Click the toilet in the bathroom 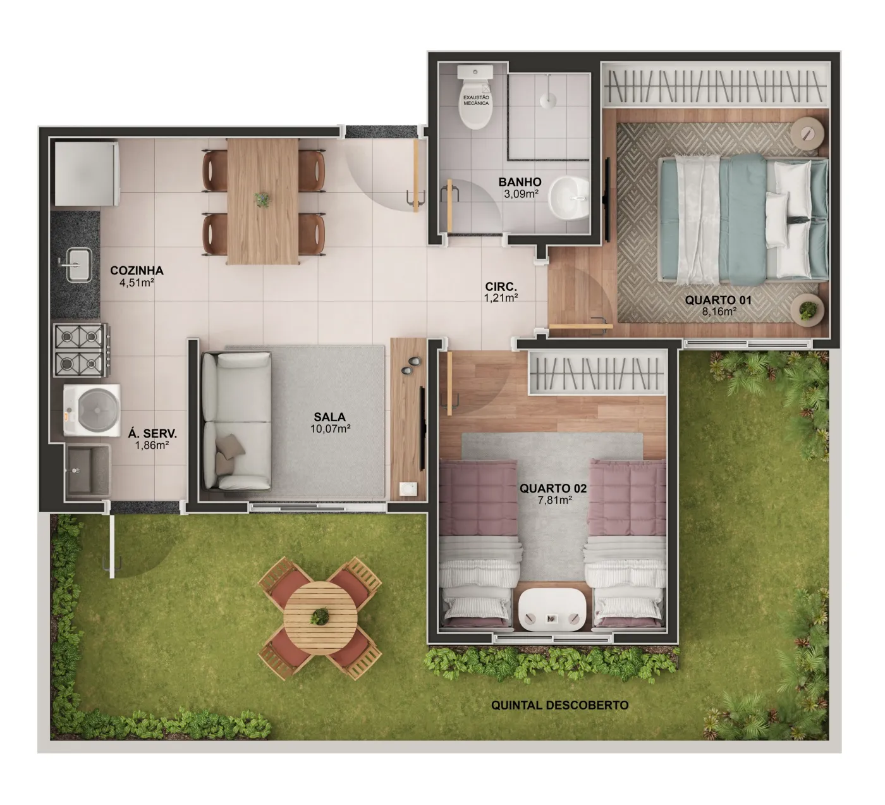(x=475, y=97)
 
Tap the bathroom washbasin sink (x=569, y=198)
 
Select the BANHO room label (x=520, y=182)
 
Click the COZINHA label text (x=137, y=270)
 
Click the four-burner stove (x=81, y=350)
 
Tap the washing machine (x=92, y=410)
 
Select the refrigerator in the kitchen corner (x=87, y=173)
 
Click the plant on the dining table (x=263, y=199)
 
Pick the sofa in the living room (x=236, y=421)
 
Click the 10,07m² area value (x=331, y=429)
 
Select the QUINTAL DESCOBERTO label (x=560, y=705)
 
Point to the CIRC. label (x=501, y=286)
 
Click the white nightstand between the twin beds (x=552, y=610)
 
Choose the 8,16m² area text (x=719, y=312)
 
